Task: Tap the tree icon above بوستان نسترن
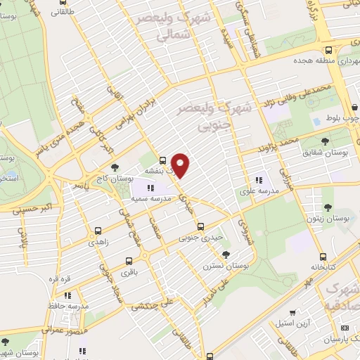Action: coord(225,255)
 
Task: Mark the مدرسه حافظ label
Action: coord(72,306)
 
